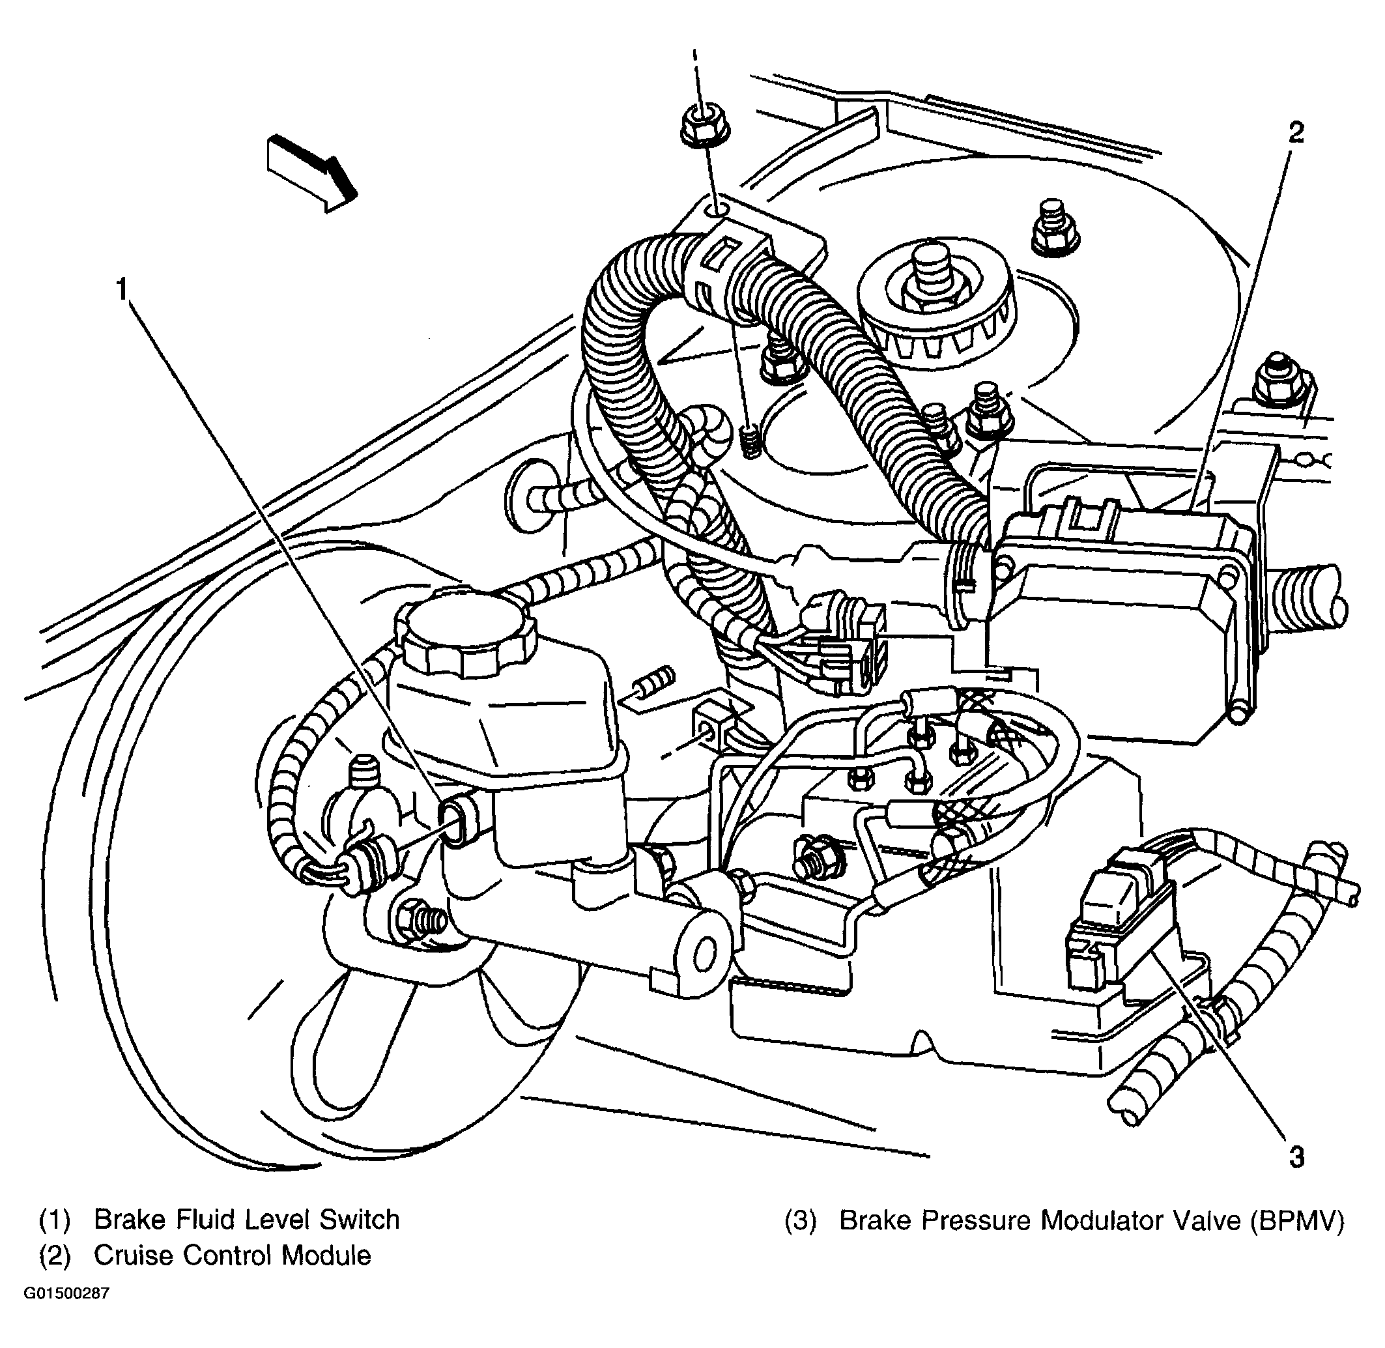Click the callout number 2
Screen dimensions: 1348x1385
tap(1295, 132)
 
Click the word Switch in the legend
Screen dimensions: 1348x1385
tap(359, 1219)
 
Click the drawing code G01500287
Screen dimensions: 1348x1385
tap(67, 1293)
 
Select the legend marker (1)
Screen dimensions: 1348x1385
tap(55, 1220)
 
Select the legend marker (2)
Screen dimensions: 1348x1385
tap(55, 1256)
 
